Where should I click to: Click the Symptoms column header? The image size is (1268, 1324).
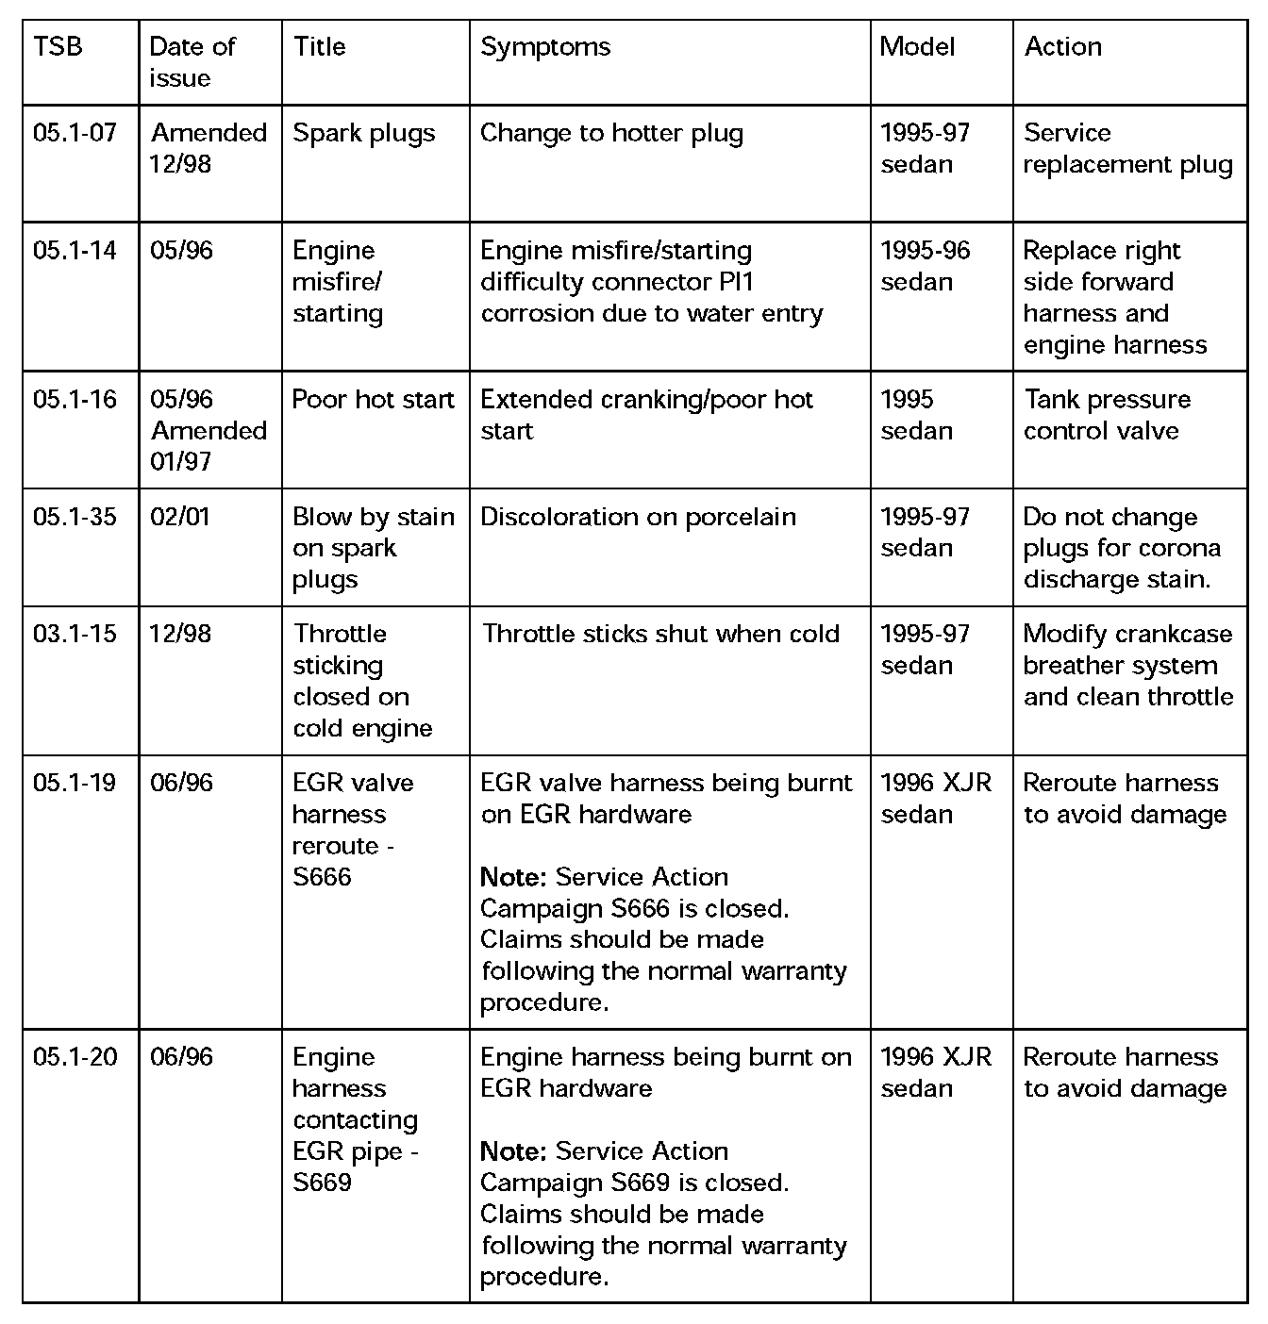pyautogui.click(x=545, y=47)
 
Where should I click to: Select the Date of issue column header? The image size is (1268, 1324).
pyautogui.click(x=192, y=62)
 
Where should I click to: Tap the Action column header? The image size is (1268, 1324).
pyautogui.click(x=1062, y=47)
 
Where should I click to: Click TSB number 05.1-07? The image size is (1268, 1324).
pyautogui.click(x=75, y=133)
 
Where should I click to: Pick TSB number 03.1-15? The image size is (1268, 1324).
pyautogui.click(x=75, y=634)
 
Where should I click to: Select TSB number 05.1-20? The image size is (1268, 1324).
pyautogui.click(x=75, y=1057)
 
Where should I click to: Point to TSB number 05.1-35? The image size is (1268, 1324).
pyautogui.click(x=75, y=517)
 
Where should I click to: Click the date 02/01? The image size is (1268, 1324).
pyautogui.click(x=180, y=517)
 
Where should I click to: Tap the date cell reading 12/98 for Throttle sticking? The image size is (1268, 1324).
pyautogui.click(x=180, y=634)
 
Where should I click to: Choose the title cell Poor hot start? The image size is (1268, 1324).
pyautogui.click(x=374, y=400)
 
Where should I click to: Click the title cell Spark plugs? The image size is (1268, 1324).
pyautogui.click(x=364, y=133)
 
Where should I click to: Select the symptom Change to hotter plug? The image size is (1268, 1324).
pyautogui.click(x=611, y=133)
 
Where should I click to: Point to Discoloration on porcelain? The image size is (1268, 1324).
pyautogui.click(x=638, y=517)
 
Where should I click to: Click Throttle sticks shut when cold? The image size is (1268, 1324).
pyautogui.click(x=660, y=634)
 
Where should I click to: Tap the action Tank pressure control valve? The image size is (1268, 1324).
pyautogui.click(x=1106, y=415)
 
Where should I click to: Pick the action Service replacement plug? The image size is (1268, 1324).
pyautogui.click(x=1127, y=148)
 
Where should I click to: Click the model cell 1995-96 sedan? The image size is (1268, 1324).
pyautogui.click(x=925, y=266)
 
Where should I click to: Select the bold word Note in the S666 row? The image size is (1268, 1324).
pyautogui.click(x=513, y=877)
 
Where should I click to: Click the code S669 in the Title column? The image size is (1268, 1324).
pyautogui.click(x=323, y=1183)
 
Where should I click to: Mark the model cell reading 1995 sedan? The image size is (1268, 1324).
pyautogui.click(x=916, y=415)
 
